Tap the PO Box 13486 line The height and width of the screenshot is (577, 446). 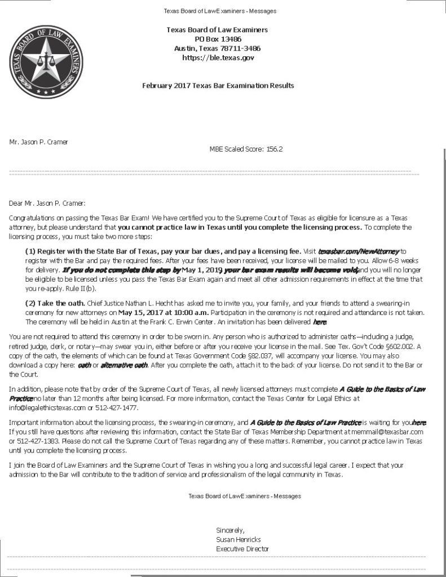tap(217, 39)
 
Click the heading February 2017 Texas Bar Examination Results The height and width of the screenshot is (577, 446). tap(218, 86)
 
